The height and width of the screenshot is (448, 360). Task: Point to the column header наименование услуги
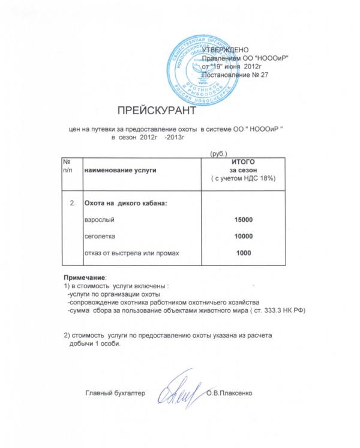pos(119,171)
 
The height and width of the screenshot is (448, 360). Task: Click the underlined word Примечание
pos(85,277)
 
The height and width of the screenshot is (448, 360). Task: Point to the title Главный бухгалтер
pos(115,393)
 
